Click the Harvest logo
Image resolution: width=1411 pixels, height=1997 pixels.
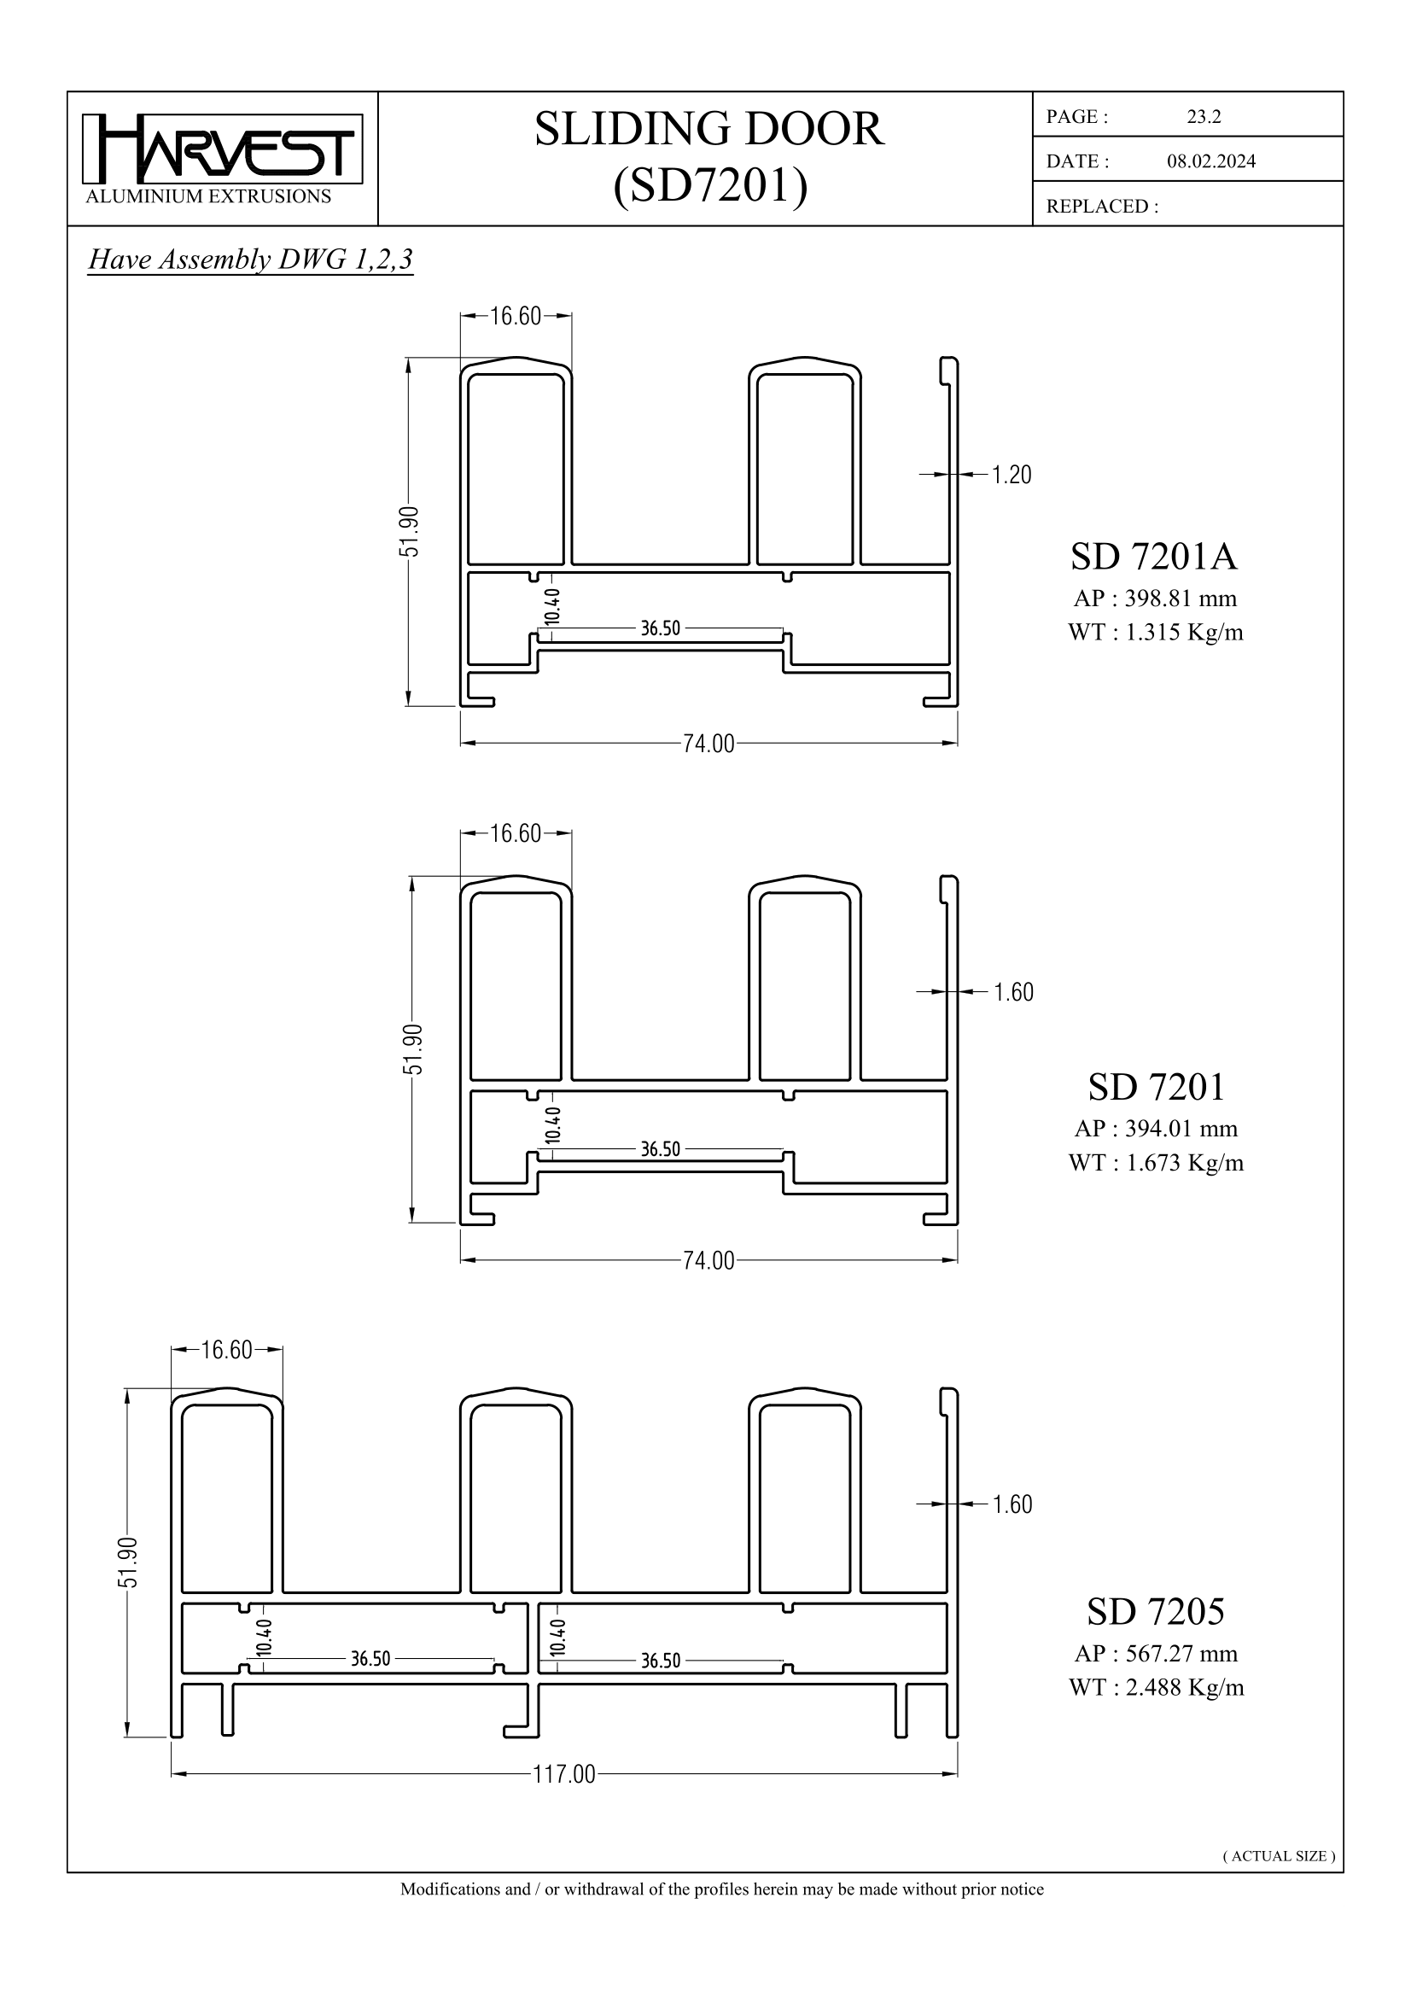point(222,149)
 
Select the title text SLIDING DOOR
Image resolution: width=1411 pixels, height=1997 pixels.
point(708,129)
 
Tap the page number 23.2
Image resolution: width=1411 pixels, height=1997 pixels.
point(1204,118)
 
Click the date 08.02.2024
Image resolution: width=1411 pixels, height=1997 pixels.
point(1210,161)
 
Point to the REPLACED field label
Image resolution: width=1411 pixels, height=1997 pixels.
point(1101,207)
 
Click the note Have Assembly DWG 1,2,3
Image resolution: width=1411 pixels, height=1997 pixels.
point(250,260)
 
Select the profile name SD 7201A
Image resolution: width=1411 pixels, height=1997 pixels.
point(1154,557)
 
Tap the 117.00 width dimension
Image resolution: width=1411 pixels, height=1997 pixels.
point(563,1774)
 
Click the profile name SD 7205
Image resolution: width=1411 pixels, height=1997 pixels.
point(1156,1612)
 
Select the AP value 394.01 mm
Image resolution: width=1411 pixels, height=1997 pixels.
point(1181,1129)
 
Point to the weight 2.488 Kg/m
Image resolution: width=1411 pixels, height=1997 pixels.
point(1184,1687)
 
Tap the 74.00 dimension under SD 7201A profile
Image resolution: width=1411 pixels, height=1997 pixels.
point(708,744)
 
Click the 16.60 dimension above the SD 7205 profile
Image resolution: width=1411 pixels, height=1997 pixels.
point(227,1350)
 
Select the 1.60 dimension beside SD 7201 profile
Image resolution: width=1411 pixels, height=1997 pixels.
point(1013,992)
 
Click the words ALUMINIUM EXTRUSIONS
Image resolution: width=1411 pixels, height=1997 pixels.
point(208,196)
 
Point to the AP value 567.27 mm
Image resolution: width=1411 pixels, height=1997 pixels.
point(1181,1654)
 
